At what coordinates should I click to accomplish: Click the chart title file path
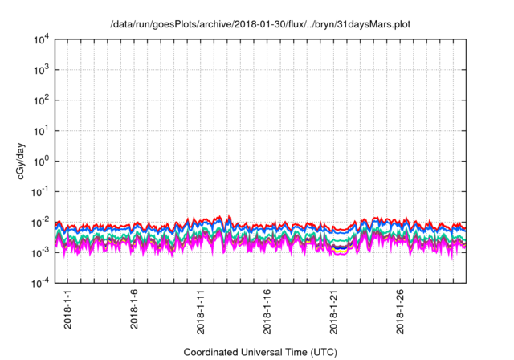point(260,25)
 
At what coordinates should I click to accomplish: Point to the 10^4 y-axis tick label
point(42,39)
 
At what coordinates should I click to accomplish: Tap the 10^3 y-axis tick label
point(42,70)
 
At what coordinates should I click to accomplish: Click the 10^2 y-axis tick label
point(42,100)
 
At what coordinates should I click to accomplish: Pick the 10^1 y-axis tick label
point(42,131)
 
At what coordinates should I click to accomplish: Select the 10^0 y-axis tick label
point(42,161)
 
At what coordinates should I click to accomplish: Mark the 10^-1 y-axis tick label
point(42,191)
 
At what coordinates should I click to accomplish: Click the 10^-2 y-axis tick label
point(42,222)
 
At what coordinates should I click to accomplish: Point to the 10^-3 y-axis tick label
point(42,252)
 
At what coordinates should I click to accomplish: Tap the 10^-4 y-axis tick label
point(42,283)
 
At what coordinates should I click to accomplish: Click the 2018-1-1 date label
point(67,309)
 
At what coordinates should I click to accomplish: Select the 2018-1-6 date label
point(134,309)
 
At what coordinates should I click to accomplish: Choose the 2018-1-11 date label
point(201,311)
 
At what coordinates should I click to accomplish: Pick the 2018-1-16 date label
point(267,311)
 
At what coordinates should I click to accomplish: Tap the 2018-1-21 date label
point(334,311)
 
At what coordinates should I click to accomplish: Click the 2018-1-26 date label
point(401,311)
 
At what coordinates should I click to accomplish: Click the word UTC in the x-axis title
point(322,353)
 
